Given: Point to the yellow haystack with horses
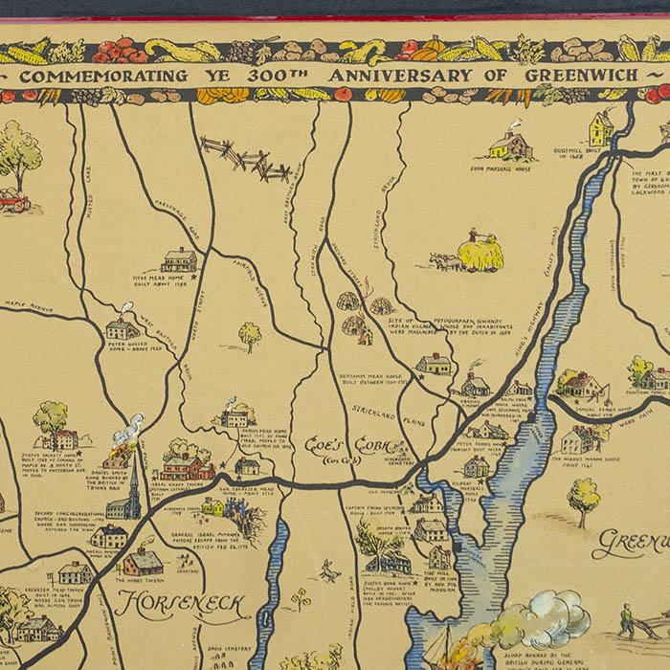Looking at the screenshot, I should tap(479, 253).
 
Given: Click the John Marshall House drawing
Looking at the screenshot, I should tap(509, 146).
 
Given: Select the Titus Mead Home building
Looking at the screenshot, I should tap(179, 259).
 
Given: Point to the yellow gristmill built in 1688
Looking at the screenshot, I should tap(601, 128).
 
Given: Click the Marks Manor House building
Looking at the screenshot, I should tap(578, 439).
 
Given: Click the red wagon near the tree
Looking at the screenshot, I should tap(13, 202).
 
